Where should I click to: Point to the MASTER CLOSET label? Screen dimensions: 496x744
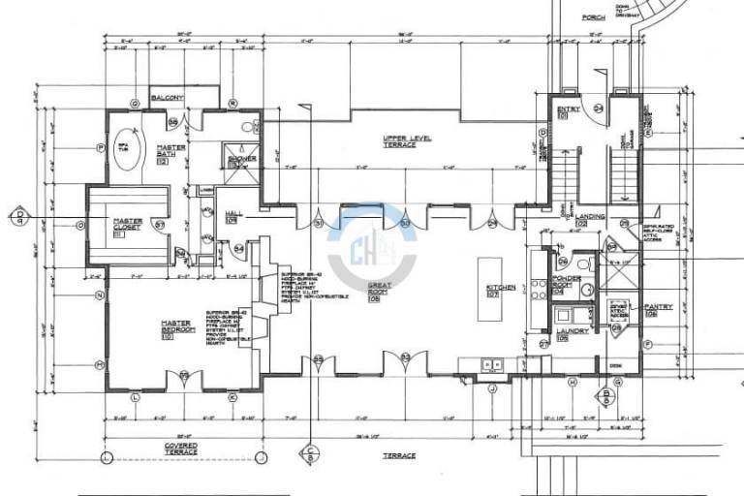[128, 225]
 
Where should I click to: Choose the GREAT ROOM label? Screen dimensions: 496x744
[378, 292]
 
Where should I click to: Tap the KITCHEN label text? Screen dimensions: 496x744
[501, 289]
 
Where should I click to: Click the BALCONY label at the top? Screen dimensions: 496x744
[167, 98]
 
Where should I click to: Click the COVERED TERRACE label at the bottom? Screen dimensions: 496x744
[180, 449]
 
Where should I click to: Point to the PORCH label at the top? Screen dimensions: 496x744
[593, 16]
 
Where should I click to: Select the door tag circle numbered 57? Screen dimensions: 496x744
[157, 225]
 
